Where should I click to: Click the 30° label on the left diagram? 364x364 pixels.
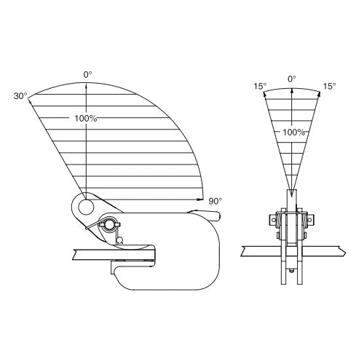tap(20, 96)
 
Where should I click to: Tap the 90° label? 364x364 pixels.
tap(215, 201)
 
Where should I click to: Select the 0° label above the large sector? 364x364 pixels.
tap(88, 75)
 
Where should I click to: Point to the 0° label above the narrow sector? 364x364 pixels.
tap(292, 79)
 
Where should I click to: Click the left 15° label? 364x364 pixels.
tap(260, 86)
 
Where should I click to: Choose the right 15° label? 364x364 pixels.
tap(329, 86)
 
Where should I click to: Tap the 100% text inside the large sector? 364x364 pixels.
tap(86, 119)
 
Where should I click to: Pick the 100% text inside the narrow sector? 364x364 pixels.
tap(293, 132)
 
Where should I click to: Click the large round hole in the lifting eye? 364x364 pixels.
tap(86, 207)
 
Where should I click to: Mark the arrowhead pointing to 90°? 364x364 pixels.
tap(199, 199)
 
